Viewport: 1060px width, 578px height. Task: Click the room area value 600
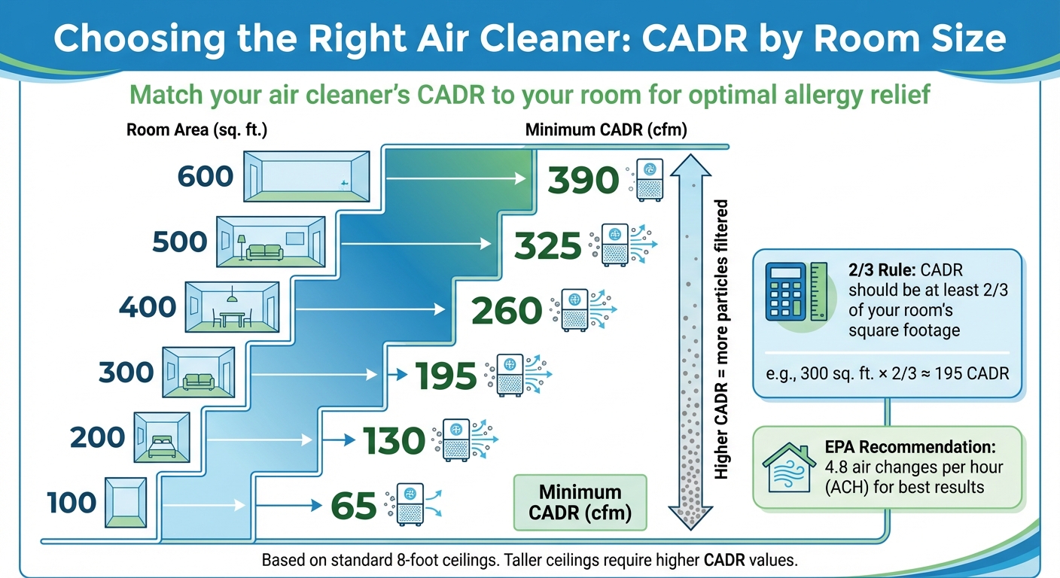point(206,176)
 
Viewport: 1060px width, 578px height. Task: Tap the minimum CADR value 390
point(583,181)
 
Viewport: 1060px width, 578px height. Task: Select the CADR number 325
point(547,246)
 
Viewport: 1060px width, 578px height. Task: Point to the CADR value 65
point(352,507)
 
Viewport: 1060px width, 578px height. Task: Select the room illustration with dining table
point(233,307)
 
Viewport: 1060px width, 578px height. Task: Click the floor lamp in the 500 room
point(242,245)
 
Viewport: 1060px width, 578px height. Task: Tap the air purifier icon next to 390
point(649,180)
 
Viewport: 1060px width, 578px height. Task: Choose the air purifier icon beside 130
point(456,440)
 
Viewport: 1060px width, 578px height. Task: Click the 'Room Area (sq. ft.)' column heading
point(197,129)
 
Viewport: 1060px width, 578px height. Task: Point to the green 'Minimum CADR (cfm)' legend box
point(580,503)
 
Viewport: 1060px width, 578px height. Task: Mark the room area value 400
point(148,307)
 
